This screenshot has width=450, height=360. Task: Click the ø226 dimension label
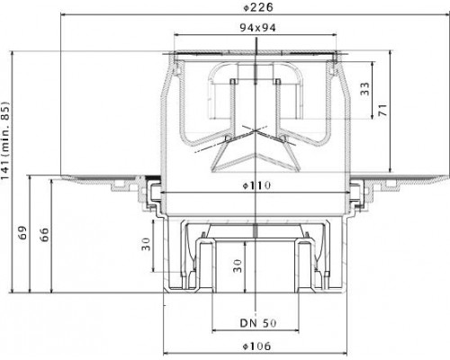click(x=258, y=7)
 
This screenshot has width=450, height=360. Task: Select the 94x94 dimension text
click(x=257, y=28)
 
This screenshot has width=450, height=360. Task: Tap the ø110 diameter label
click(x=256, y=185)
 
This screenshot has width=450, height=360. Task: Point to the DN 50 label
click(x=258, y=323)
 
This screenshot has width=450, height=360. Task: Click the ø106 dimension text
click(x=256, y=346)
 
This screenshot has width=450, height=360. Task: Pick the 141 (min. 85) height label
click(x=5, y=140)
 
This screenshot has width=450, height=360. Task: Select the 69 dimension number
click(x=22, y=232)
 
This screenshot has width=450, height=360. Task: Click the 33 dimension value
click(x=365, y=89)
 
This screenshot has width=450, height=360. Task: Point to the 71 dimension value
click(x=382, y=110)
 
